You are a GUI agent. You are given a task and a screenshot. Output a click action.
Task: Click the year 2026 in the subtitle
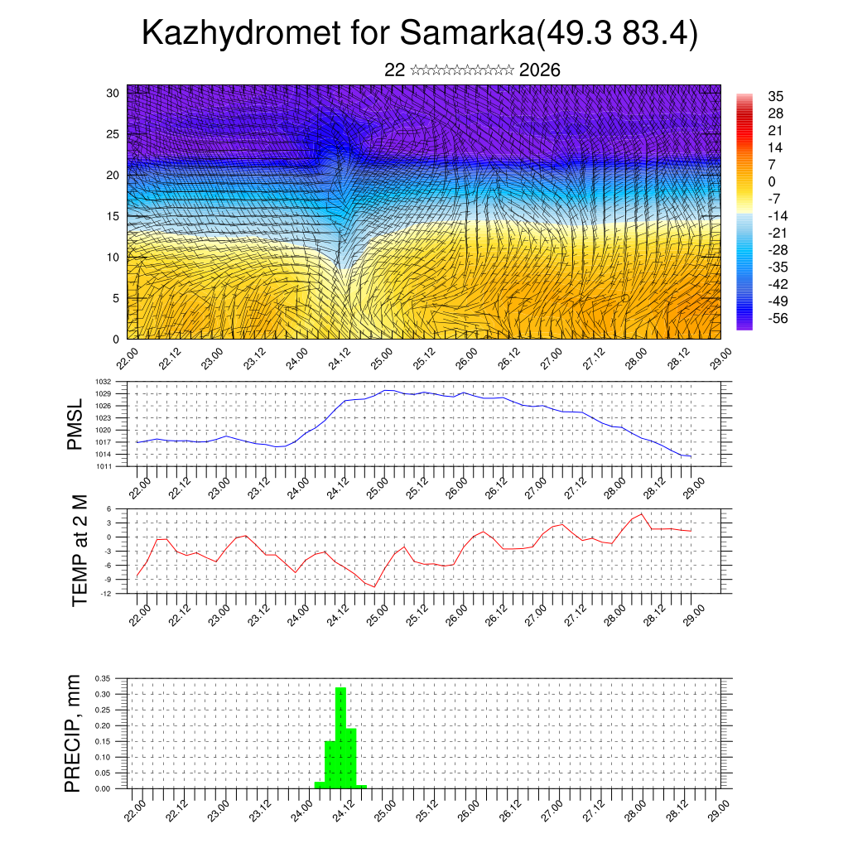click(540, 70)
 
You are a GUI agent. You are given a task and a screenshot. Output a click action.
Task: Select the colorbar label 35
click(776, 96)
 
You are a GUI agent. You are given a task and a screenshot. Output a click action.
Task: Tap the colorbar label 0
click(773, 181)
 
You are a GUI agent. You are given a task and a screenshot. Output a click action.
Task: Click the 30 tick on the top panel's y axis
click(113, 93)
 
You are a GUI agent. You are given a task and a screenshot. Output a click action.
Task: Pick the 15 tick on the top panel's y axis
click(113, 216)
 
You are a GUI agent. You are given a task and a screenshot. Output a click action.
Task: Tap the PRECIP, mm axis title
click(75, 733)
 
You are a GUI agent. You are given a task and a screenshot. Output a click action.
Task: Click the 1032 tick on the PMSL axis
click(105, 382)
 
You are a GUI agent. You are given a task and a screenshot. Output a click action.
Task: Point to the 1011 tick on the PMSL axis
click(105, 466)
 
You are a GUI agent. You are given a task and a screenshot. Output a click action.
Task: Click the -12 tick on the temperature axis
click(107, 594)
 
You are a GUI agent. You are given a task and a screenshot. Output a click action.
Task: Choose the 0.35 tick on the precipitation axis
click(103, 678)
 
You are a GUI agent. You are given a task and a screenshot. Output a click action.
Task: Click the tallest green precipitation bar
click(340, 737)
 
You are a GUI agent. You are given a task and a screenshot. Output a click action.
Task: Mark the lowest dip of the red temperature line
click(374, 587)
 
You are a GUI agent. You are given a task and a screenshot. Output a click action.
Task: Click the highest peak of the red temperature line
click(642, 514)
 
